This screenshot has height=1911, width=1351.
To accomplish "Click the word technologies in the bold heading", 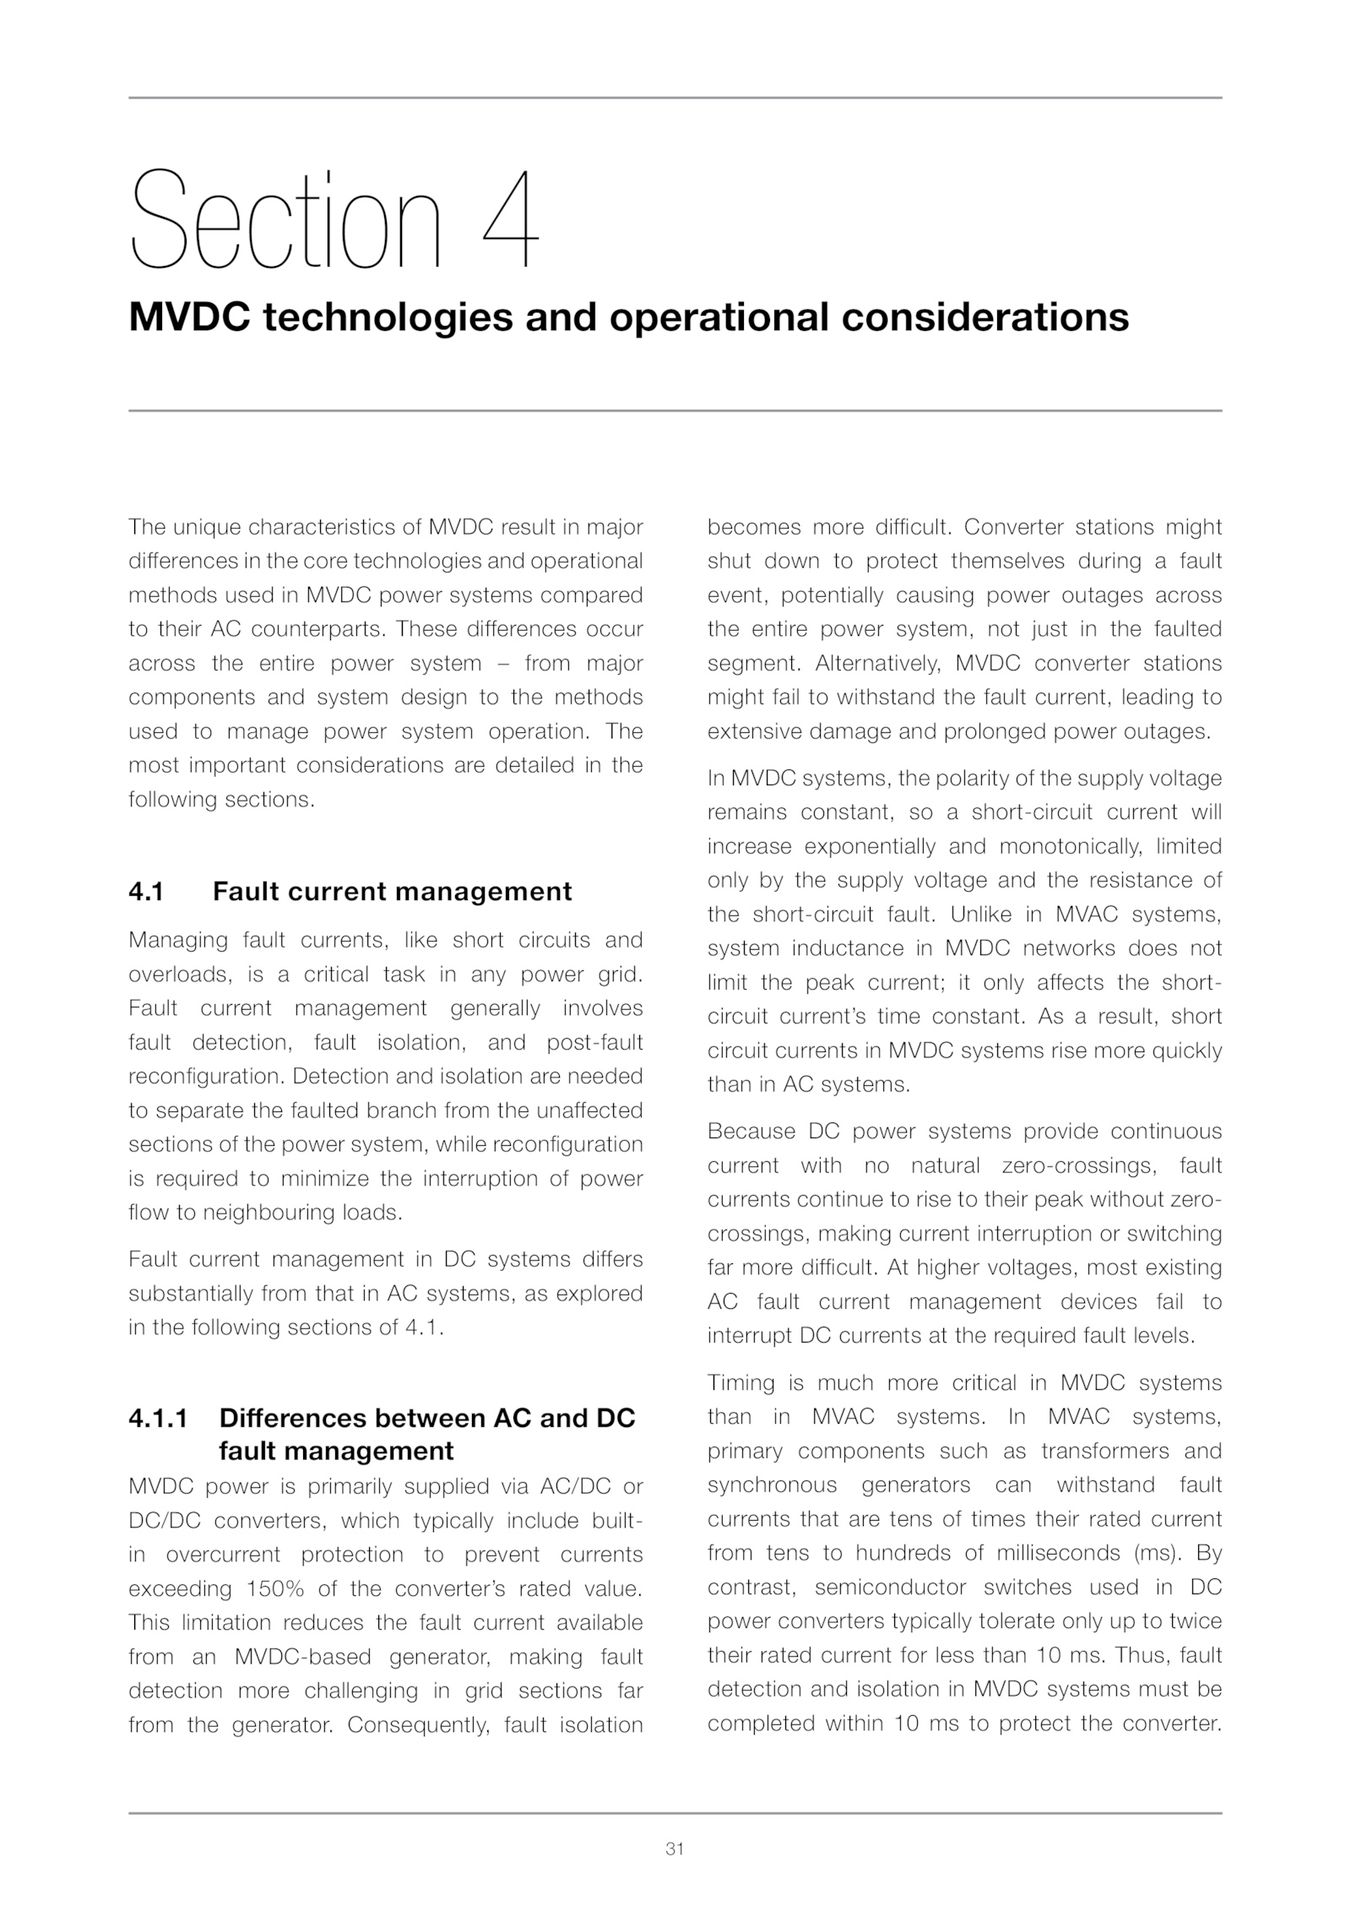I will (x=388, y=318).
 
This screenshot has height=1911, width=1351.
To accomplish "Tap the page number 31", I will (x=675, y=1849).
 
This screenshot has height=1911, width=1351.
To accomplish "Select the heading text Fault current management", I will (x=392, y=892).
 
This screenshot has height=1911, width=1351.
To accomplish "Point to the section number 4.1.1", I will (x=158, y=1418).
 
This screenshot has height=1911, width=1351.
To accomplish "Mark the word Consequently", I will (x=418, y=1724).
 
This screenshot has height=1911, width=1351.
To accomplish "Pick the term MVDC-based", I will (x=302, y=1657).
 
